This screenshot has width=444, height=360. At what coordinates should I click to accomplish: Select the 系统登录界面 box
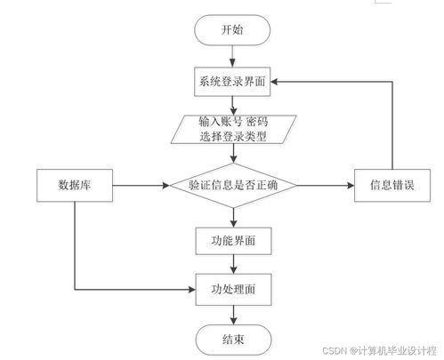click(232, 81)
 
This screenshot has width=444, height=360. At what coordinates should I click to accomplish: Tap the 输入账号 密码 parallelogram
click(232, 129)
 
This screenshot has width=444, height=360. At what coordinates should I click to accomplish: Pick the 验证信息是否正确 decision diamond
click(232, 186)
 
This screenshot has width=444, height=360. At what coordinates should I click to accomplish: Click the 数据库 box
click(77, 186)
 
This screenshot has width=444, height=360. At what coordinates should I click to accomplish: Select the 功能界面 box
click(232, 239)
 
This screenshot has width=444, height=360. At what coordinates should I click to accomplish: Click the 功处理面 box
click(232, 288)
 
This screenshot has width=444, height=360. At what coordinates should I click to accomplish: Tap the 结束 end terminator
click(232, 338)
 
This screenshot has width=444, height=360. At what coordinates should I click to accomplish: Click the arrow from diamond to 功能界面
click(232, 216)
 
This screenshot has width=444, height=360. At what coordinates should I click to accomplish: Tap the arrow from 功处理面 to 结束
click(232, 313)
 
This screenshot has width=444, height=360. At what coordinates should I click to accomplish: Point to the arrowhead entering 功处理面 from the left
click(190, 288)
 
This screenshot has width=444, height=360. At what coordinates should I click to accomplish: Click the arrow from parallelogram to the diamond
click(232, 153)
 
